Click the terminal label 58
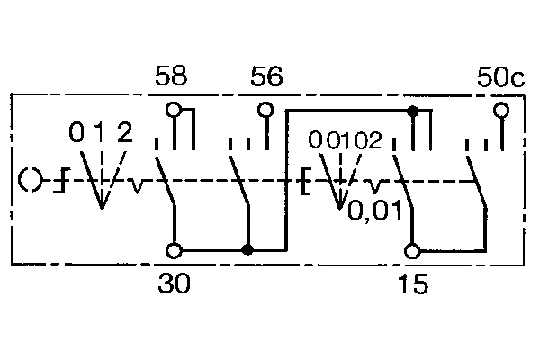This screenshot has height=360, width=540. pos(171,77)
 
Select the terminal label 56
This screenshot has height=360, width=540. pos(265,77)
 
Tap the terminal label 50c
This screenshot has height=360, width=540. pos(499,77)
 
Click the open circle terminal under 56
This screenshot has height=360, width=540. pos(265,111)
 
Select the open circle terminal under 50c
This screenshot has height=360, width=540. pos(501,111)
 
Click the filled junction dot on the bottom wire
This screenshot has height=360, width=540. pos(247,250)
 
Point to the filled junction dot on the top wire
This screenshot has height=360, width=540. pos(413,111)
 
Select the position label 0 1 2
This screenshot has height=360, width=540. pos(102,135)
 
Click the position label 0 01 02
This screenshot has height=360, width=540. pos(345,140)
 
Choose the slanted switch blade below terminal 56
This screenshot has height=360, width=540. pos(238,183)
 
